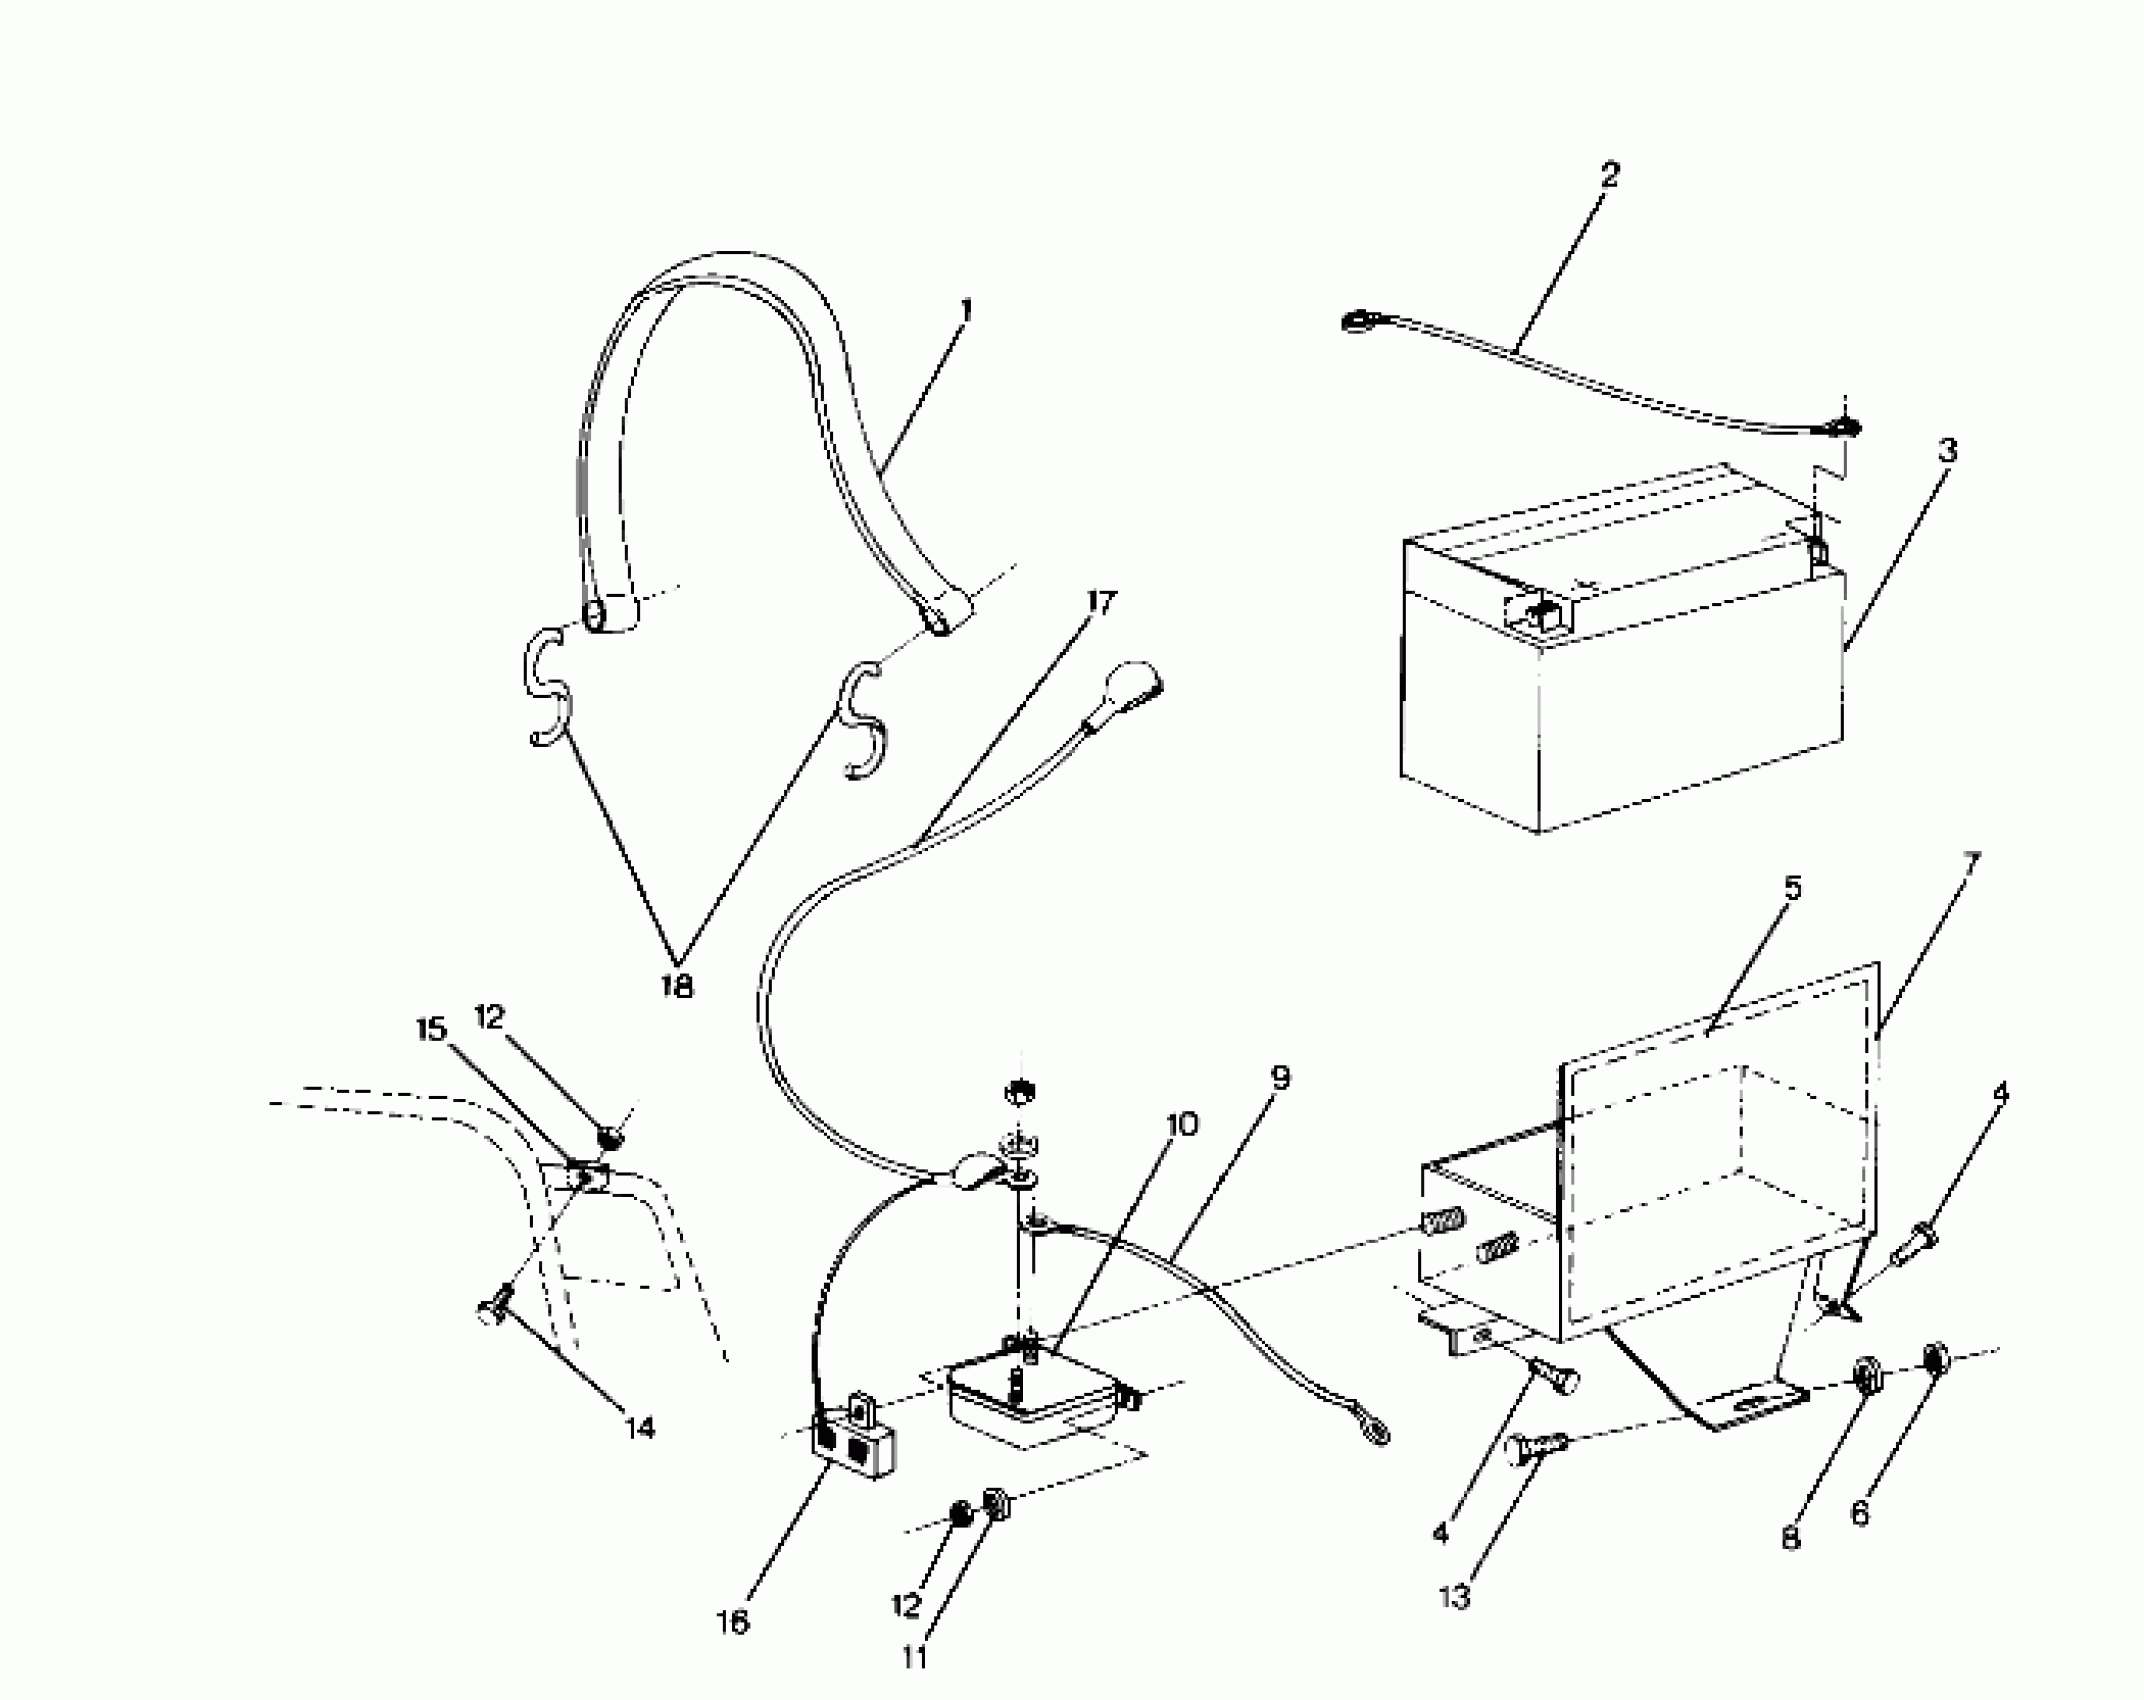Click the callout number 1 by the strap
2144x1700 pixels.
coord(964,311)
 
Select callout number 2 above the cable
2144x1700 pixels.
coord(1608,175)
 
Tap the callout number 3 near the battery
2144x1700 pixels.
coord(1947,451)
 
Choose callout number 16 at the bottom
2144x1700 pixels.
coord(733,1623)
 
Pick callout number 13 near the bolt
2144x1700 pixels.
coord(1455,1598)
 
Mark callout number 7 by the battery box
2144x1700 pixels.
coord(1970,862)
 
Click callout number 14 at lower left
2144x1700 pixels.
coord(640,1428)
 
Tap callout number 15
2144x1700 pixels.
coord(432,1030)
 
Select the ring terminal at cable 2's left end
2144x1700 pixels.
coord(1358,321)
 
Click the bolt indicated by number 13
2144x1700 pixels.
coord(1538,1443)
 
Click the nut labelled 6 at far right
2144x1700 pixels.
coord(1935,1360)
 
